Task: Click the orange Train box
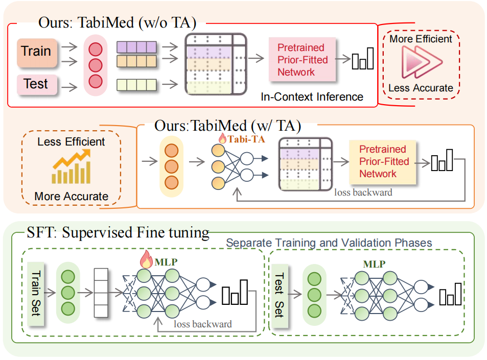[36, 52]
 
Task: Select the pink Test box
[35, 84]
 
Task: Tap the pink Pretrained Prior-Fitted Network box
[302, 60]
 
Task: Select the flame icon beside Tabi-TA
[222, 138]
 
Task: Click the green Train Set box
[36, 294]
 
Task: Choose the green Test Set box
[279, 294]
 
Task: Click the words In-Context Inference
[312, 97]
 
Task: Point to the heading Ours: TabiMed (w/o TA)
[117, 23]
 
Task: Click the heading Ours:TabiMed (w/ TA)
[227, 125]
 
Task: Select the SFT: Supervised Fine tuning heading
[118, 233]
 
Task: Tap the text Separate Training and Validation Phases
[329, 243]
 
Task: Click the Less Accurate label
[421, 88]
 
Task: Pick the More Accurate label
[72, 196]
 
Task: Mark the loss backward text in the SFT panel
[202, 324]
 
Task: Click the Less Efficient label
[72, 142]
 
